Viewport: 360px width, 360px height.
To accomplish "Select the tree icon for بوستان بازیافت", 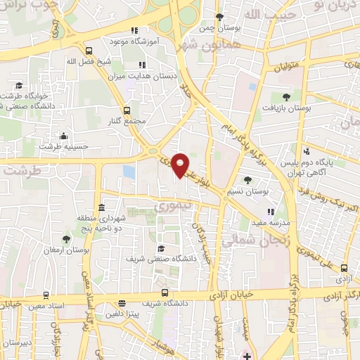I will (285, 97).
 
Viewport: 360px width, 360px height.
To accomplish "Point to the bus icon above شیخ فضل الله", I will (89, 51).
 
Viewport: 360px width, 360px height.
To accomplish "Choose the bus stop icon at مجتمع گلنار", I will (127, 110).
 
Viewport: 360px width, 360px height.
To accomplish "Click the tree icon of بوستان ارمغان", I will (67, 239).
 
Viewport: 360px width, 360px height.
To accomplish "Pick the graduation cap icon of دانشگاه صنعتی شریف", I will (160, 248).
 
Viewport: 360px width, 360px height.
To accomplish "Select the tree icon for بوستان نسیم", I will (247, 180).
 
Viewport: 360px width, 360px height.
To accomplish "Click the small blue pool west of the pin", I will (129, 172).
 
